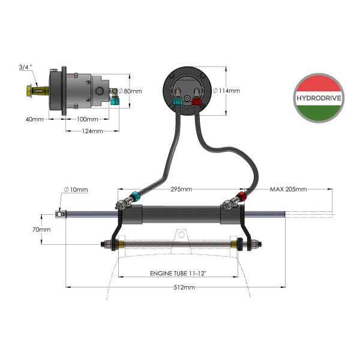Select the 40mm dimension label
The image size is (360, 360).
click(34, 119)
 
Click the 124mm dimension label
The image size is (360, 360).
click(92, 131)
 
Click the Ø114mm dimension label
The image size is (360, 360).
click(227, 91)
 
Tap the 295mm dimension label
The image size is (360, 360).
click(180, 189)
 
